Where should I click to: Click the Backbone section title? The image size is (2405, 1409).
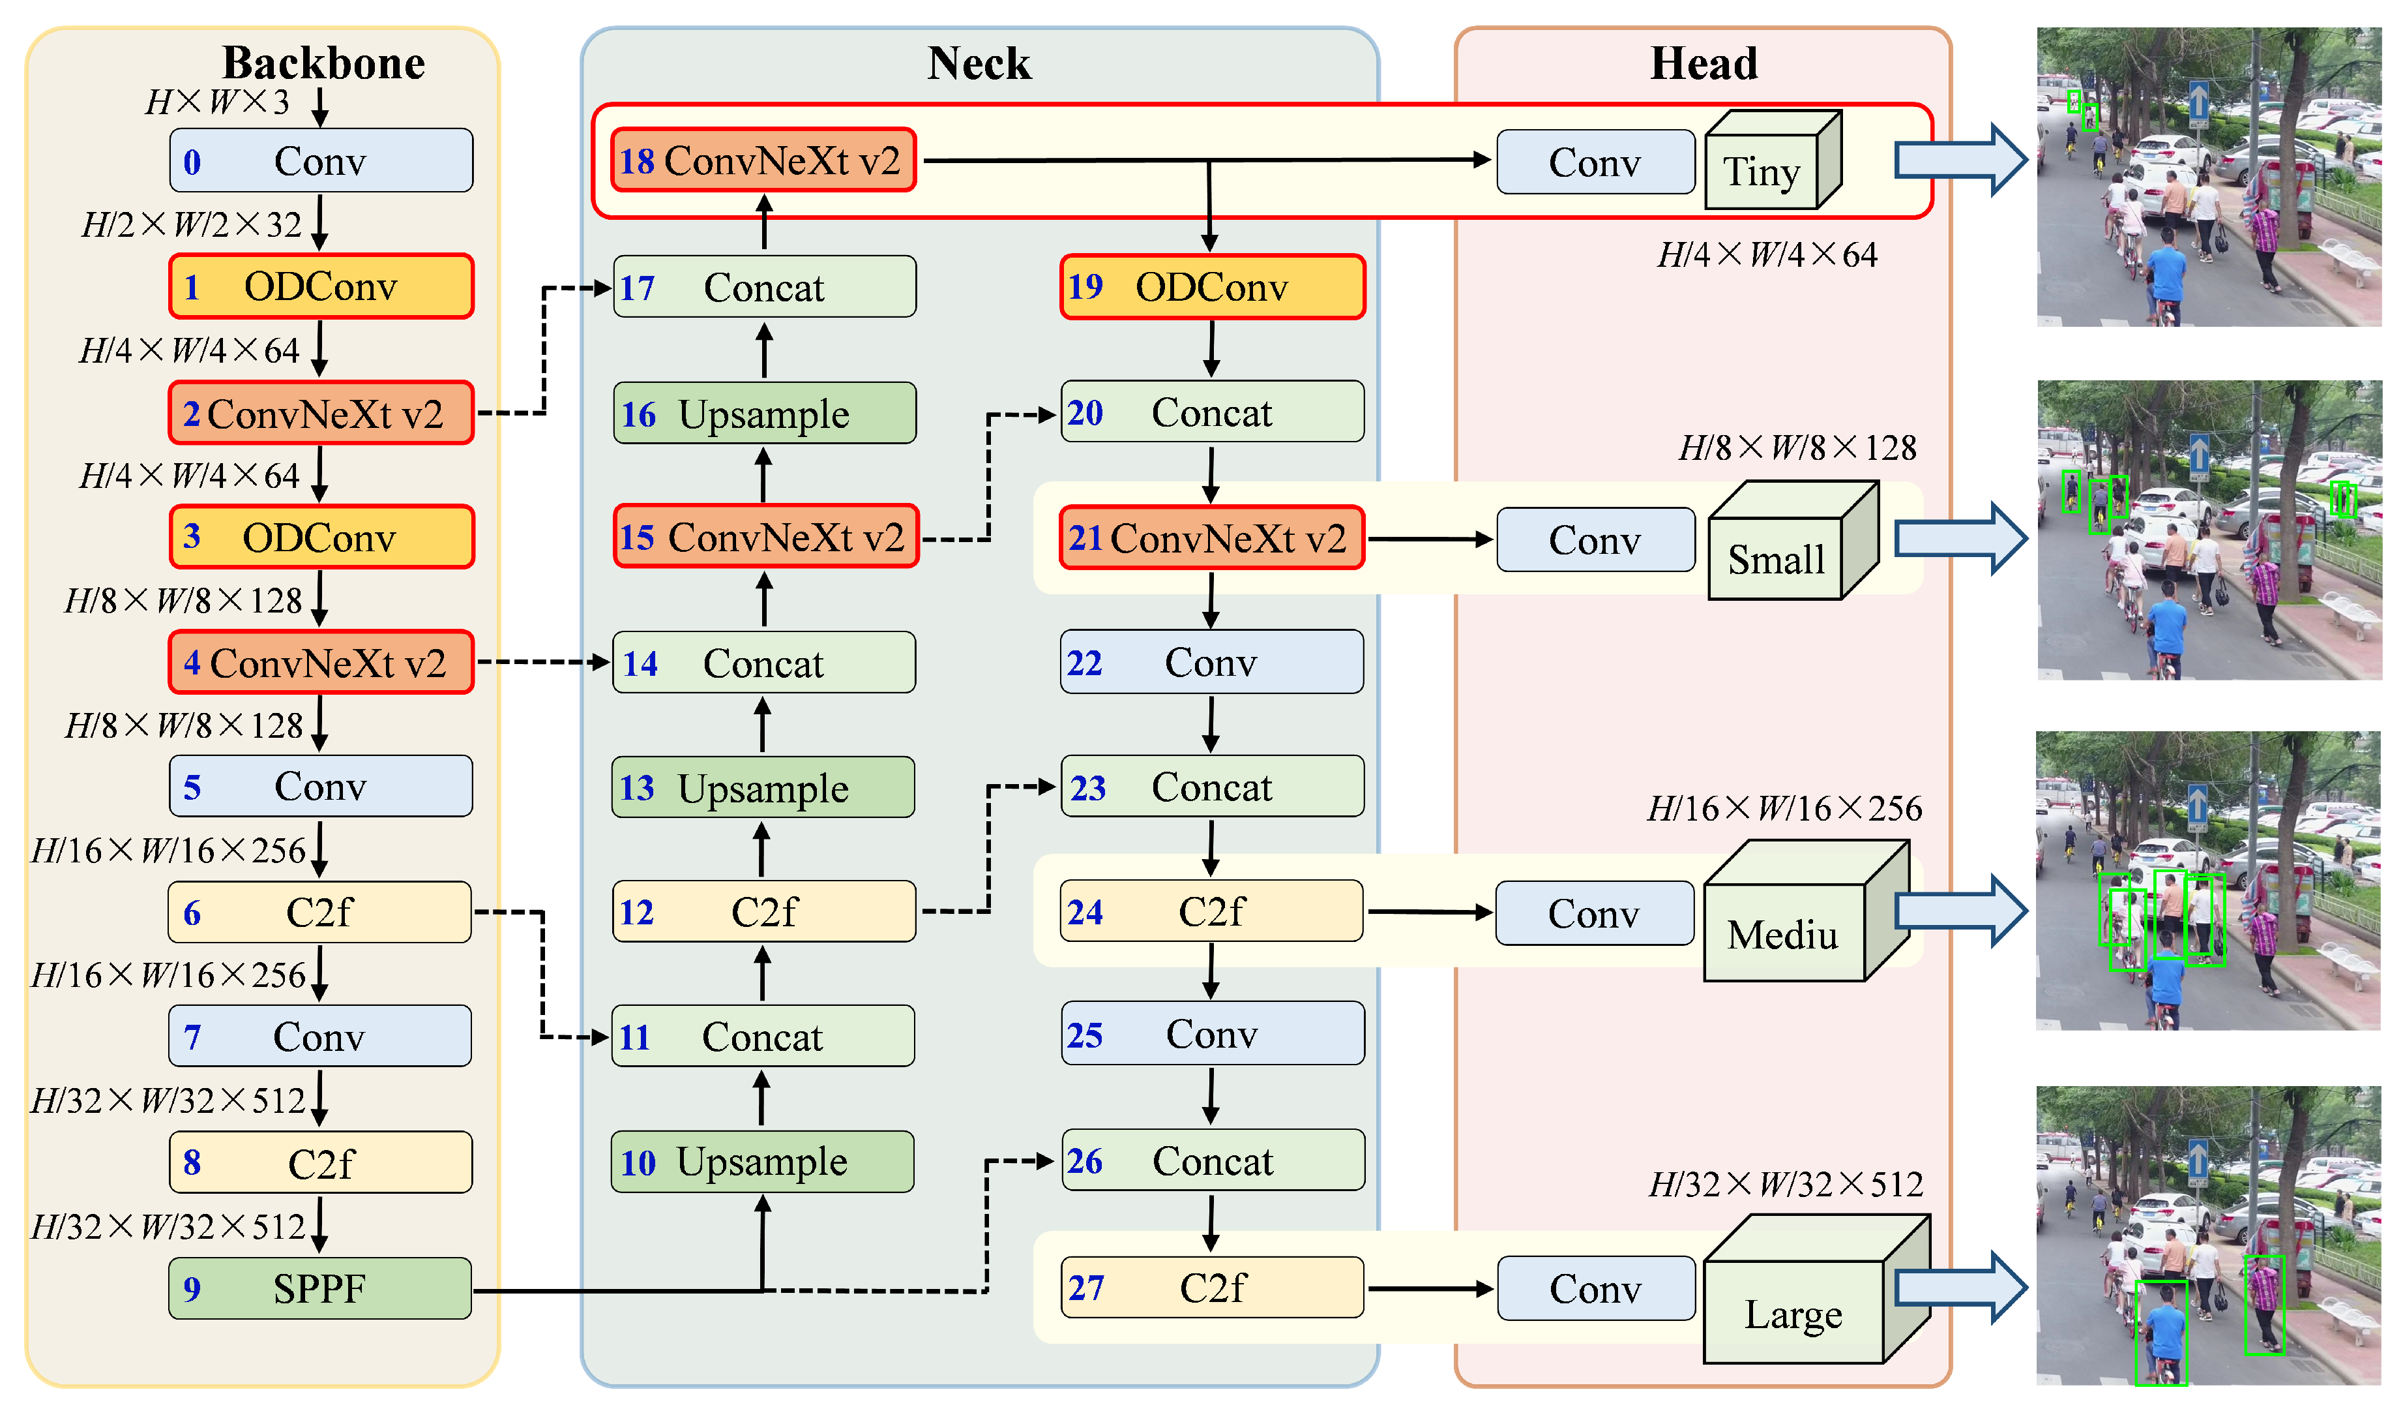coord(323,63)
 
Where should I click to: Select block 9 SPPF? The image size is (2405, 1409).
coord(319,1289)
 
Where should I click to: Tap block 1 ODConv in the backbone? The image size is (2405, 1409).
coord(321,286)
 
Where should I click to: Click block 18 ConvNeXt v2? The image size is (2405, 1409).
coord(763,160)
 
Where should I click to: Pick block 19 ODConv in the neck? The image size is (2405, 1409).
coord(1212,286)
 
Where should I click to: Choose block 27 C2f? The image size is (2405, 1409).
coord(1212,1288)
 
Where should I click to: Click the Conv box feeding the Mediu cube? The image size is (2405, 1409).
coord(1594,913)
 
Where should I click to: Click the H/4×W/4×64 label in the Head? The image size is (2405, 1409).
coord(1767,255)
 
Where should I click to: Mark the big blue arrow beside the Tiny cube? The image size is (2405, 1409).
coord(1958,160)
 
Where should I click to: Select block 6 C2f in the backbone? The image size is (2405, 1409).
coord(319,913)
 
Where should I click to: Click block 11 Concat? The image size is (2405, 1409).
coord(763,1037)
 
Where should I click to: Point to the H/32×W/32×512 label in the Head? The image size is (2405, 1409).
coord(1786,1185)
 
